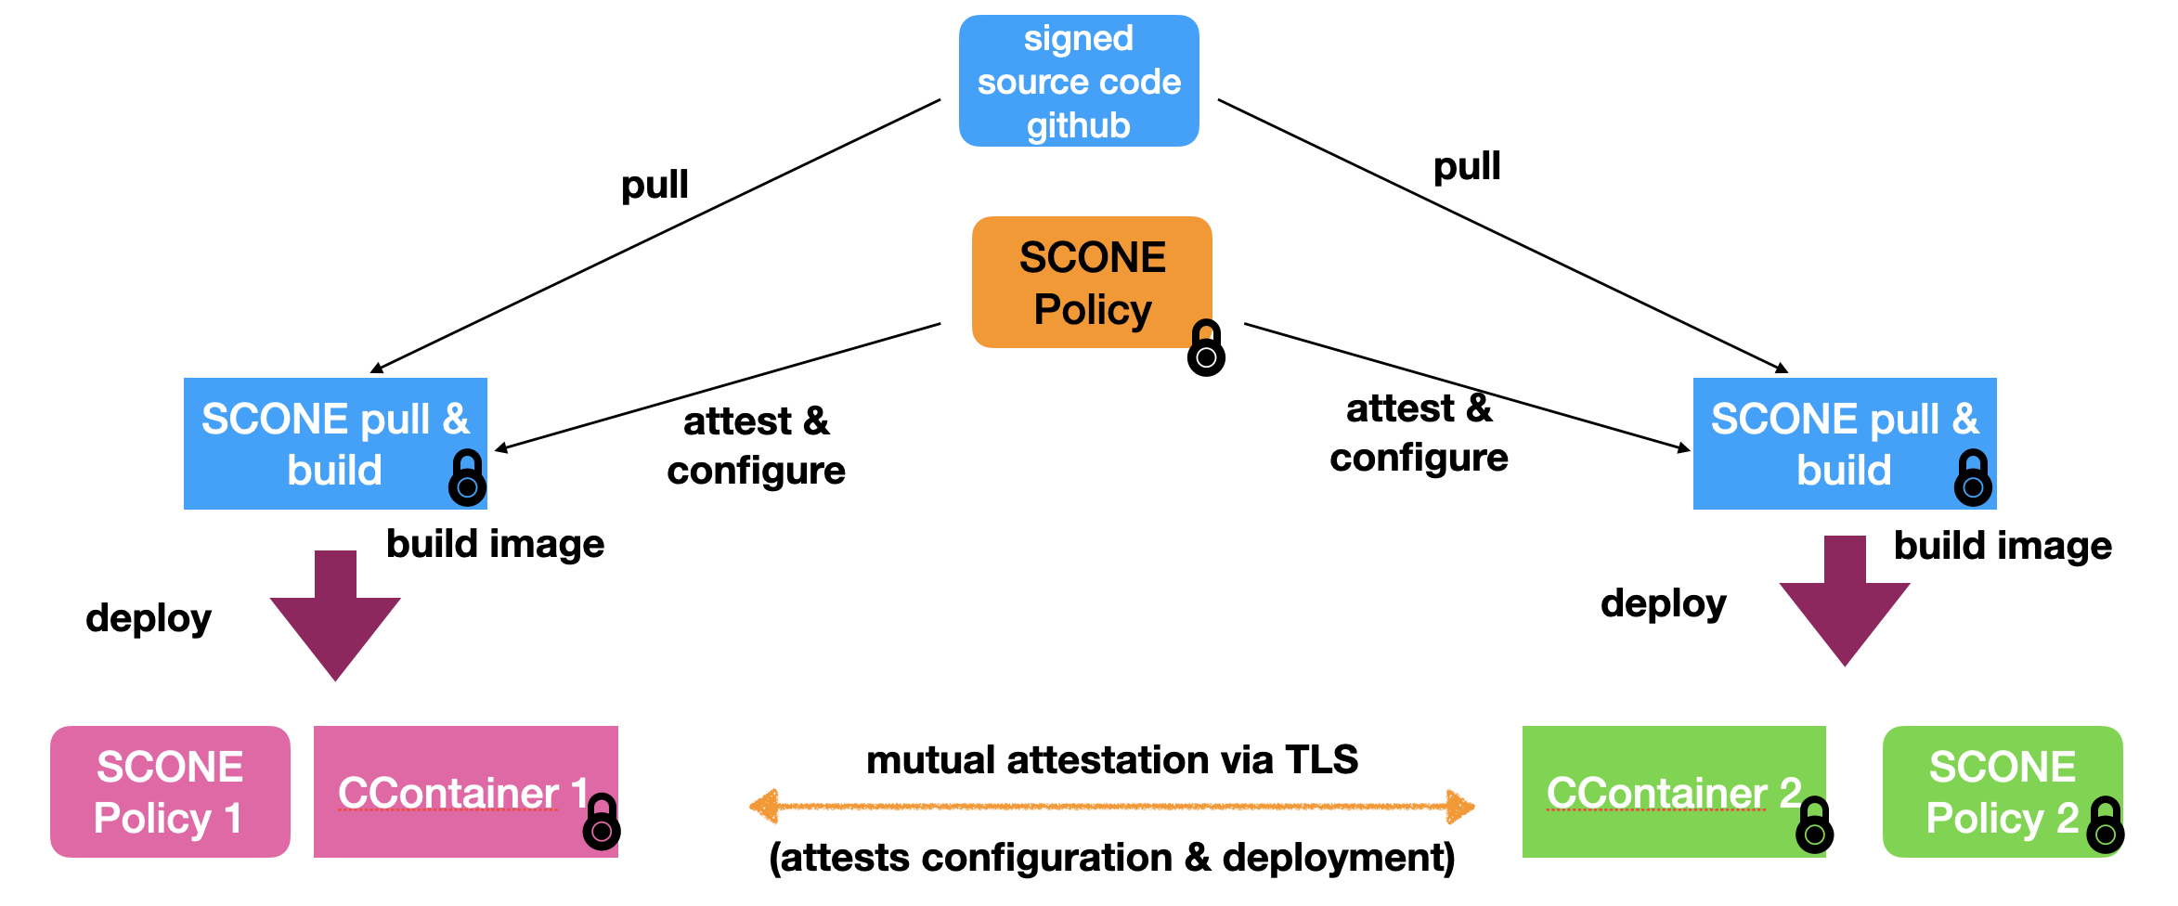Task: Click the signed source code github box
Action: (x=1078, y=81)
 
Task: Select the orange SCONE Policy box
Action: (x=1091, y=282)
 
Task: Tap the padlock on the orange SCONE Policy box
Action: (x=1206, y=349)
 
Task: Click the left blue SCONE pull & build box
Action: (x=334, y=443)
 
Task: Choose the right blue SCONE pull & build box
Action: (x=1844, y=443)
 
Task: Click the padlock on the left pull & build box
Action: (x=467, y=479)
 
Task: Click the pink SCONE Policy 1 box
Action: (x=170, y=792)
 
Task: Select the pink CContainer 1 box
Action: (x=464, y=792)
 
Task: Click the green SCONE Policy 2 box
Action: (x=2002, y=792)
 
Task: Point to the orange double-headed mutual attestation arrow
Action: (x=1111, y=807)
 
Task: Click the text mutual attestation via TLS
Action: (x=1111, y=760)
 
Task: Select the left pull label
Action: (x=655, y=185)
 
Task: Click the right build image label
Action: (x=2003, y=546)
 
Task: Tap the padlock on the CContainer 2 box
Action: (x=1814, y=826)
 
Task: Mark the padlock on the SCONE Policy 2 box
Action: (x=2105, y=826)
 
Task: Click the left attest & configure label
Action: (x=756, y=447)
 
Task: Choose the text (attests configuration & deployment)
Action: (x=1111, y=858)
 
